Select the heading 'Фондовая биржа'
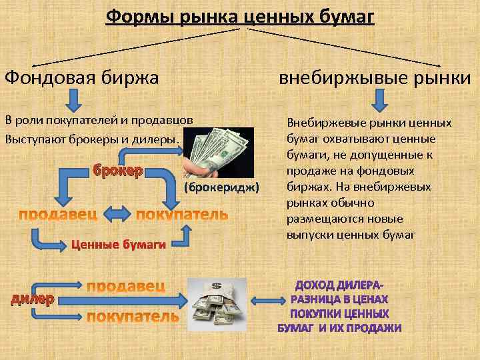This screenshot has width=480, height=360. [x=81, y=77]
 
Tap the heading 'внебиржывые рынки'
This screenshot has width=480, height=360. [x=375, y=78]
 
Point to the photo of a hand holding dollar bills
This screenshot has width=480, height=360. [x=217, y=152]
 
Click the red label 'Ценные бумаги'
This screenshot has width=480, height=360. [x=119, y=244]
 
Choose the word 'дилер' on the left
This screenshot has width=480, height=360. [x=31, y=299]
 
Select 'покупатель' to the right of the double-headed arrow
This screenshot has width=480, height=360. [x=181, y=215]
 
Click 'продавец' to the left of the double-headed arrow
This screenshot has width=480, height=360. [x=57, y=215]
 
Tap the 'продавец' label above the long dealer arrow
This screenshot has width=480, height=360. [x=127, y=286]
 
